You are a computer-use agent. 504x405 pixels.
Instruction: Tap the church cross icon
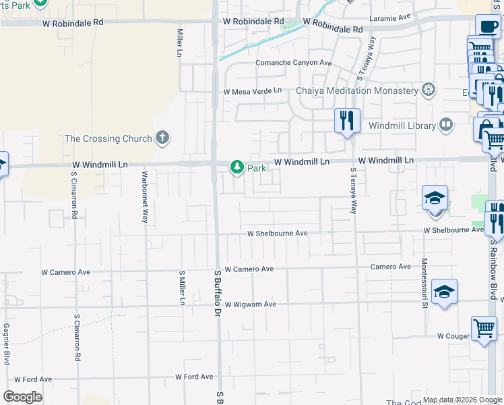162,138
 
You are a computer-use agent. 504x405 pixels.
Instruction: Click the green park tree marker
237,166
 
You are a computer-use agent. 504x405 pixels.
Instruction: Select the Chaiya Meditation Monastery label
357,90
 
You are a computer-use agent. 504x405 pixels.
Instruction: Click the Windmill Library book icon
445,125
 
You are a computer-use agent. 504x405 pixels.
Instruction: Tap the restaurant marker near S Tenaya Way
347,121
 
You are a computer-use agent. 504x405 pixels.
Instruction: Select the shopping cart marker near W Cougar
484,329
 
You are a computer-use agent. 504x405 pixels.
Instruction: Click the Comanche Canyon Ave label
294,63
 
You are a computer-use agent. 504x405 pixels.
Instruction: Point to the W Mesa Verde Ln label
253,91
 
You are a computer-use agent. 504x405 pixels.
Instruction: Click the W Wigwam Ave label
251,304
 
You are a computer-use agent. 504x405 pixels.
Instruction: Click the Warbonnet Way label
144,196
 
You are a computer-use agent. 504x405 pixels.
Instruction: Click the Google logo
23,397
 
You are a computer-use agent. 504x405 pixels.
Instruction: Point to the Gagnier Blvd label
6,343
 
